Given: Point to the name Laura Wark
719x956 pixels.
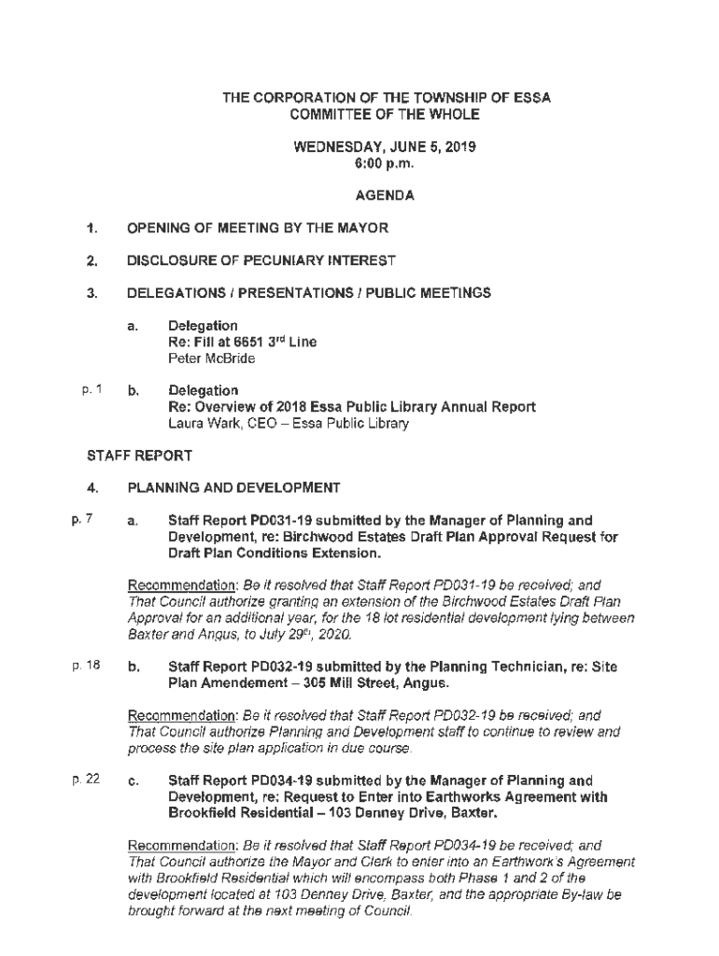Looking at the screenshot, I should (x=199, y=423).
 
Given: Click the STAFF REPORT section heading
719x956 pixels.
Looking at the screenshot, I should (x=139, y=456).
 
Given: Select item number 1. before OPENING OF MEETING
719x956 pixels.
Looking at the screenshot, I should (x=92, y=228).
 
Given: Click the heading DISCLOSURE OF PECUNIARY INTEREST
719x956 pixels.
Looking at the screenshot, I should (x=261, y=260).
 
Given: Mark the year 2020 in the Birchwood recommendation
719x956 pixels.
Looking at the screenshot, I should (x=331, y=636).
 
